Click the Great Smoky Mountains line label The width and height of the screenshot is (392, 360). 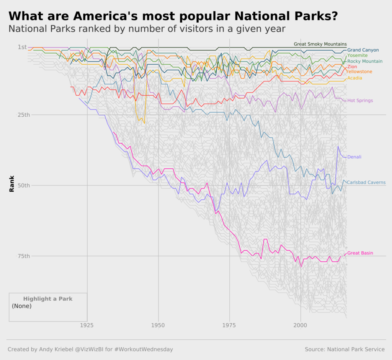tap(320, 44)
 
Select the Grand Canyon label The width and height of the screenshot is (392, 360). tap(363, 50)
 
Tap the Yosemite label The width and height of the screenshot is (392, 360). tap(357, 56)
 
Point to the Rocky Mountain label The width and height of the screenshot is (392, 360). tap(364, 62)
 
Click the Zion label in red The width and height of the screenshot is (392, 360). tap(352, 67)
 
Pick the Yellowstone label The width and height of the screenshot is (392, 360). tap(359, 72)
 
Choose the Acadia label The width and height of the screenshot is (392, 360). tap(354, 78)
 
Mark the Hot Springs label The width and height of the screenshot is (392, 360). tap(360, 101)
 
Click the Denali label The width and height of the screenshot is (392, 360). tap(354, 157)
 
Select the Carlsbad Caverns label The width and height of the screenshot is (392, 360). tap(366, 182)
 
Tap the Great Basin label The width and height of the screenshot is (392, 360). tap(360, 253)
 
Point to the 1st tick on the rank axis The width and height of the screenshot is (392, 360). tap(22, 47)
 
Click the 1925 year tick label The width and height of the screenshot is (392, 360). tap(87, 325)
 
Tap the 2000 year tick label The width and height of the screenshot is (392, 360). tap(301, 325)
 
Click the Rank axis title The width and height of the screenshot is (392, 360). tap(12, 184)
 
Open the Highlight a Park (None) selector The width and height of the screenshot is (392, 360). tap(48, 306)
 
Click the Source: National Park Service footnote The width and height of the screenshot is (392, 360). tap(345, 349)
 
